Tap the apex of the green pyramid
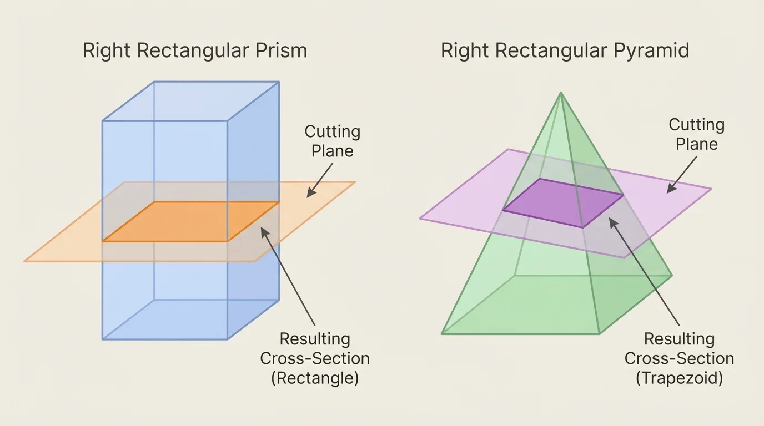pyautogui.click(x=561, y=93)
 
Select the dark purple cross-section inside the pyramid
pyautogui.click(x=562, y=203)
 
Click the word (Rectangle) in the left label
pyautogui.click(x=315, y=378)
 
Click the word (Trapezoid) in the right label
pyautogui.click(x=679, y=378)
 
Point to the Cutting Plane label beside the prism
pyautogui.click(x=332, y=141)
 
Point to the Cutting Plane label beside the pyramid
pyautogui.click(x=696, y=134)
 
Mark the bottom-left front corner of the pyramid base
pyautogui.click(x=442, y=334)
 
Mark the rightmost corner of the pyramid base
pyautogui.click(x=672, y=275)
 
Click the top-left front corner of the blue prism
pyautogui.click(x=103, y=121)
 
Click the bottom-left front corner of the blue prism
pyautogui.click(x=103, y=339)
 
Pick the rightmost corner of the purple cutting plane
pyautogui.click(x=711, y=189)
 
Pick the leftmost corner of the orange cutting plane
pyautogui.click(x=24, y=261)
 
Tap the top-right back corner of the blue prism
pyautogui.click(x=279, y=82)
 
